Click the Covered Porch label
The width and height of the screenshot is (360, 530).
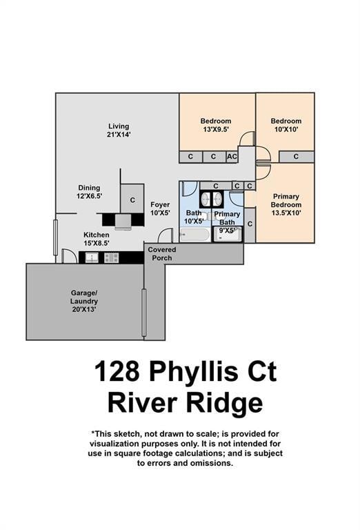pyautogui.click(x=162, y=253)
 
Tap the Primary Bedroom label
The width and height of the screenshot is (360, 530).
pyautogui.click(x=286, y=200)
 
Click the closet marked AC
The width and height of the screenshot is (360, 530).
pyautogui.click(x=232, y=157)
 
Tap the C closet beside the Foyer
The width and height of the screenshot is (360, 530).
pyautogui.click(x=132, y=200)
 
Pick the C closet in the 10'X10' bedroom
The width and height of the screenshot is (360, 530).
pyautogui.click(x=295, y=157)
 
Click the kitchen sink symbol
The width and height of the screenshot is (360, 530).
pyautogui.click(x=91, y=257)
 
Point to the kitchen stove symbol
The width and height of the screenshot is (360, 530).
pyautogui.click(x=112, y=257)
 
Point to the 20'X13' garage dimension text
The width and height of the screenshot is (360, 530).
pyautogui.click(x=84, y=310)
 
